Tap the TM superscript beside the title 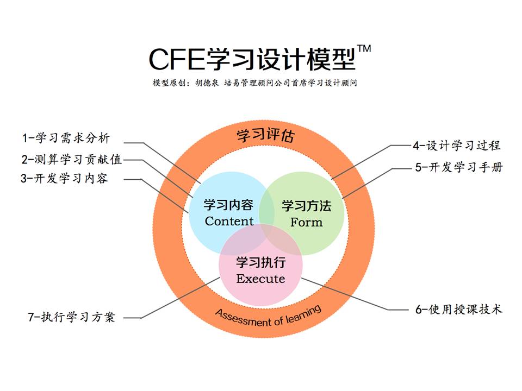(364, 49)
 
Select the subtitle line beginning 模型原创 (255, 84)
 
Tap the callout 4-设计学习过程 (456, 145)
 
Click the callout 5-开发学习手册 (459, 167)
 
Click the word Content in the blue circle (229, 221)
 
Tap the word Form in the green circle (306, 222)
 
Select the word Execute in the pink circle (260, 279)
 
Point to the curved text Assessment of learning (268, 317)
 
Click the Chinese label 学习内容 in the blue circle (228, 205)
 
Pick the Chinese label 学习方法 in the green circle (306, 206)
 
